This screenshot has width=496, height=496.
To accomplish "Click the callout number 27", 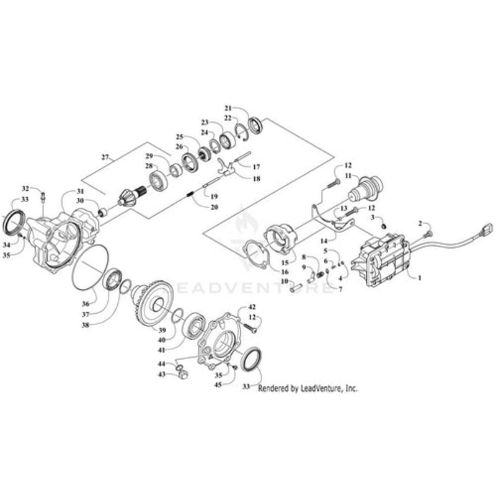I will click(105, 157).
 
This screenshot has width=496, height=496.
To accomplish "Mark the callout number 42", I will click(252, 308).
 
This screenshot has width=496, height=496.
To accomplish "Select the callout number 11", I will click(348, 176).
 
